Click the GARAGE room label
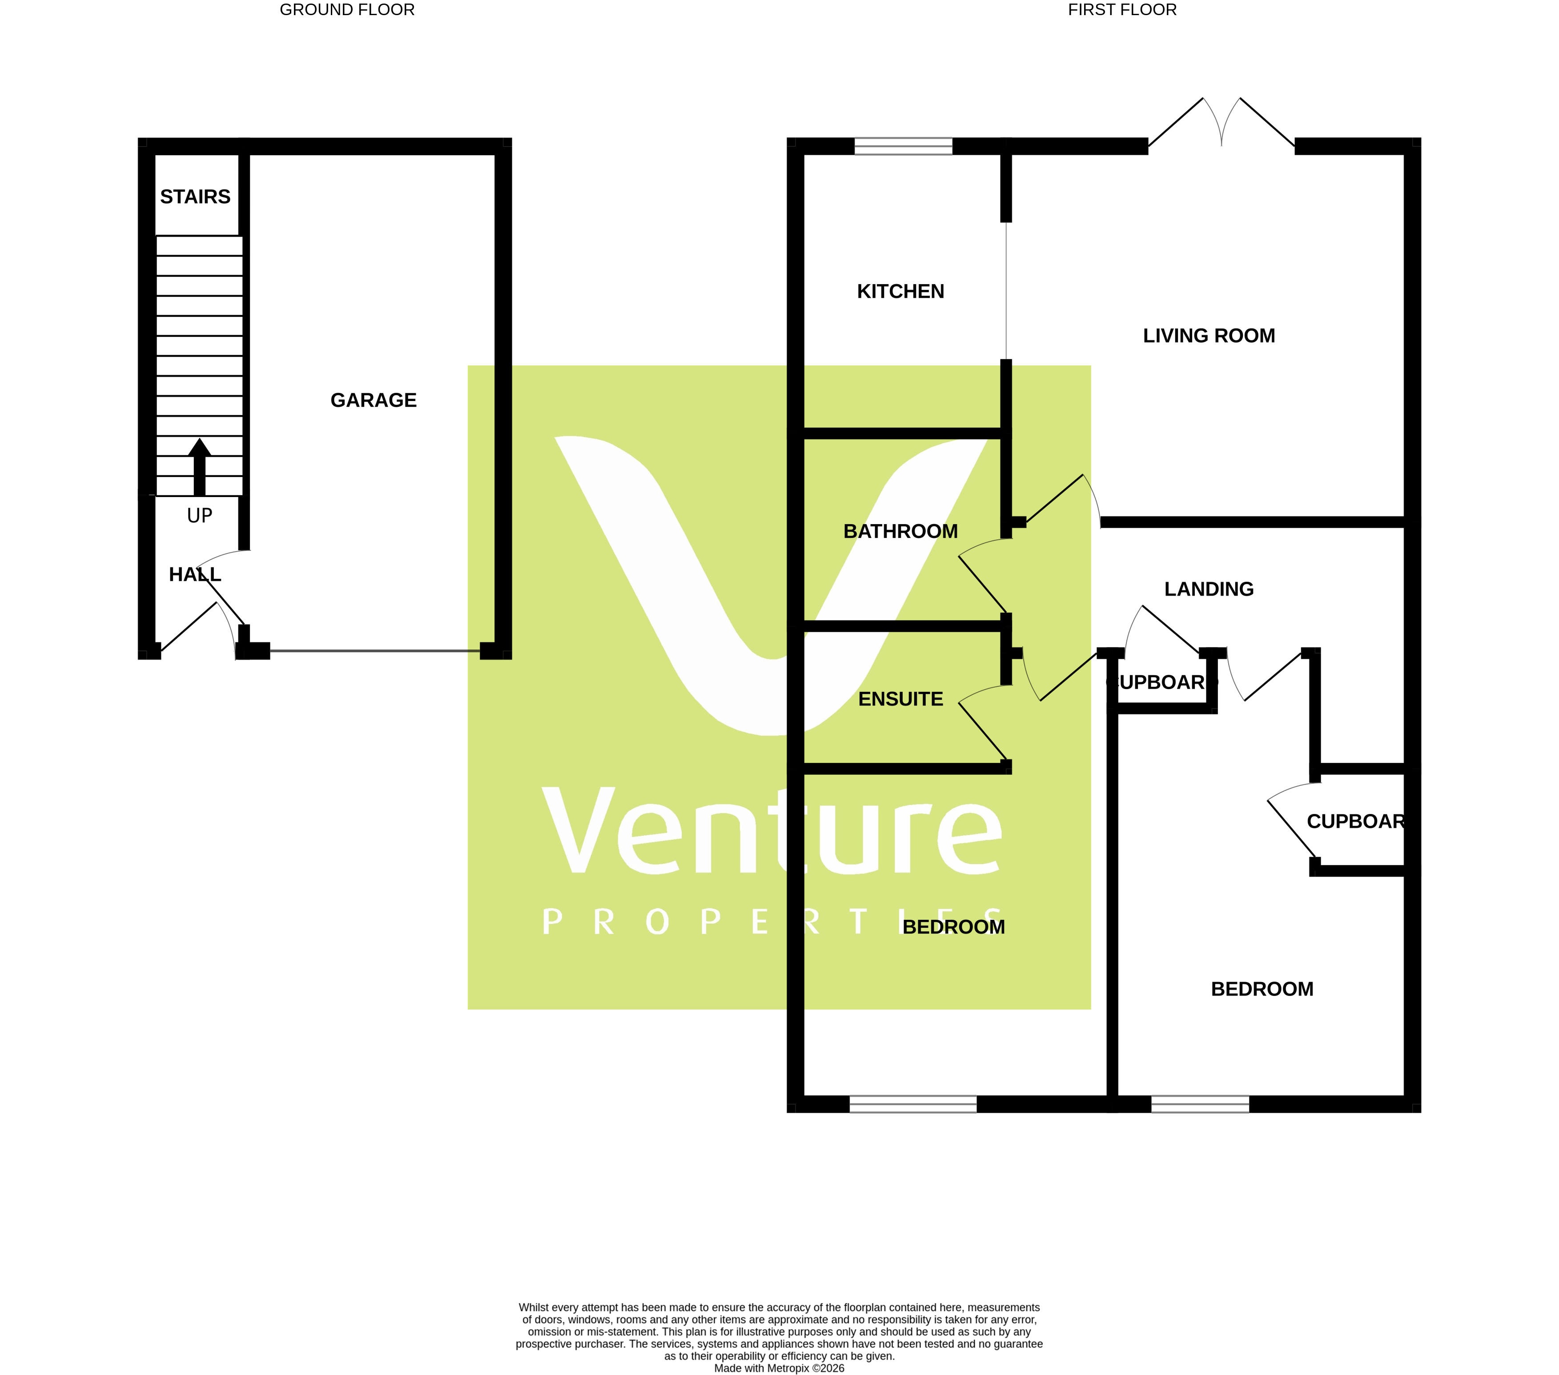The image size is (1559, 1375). coord(373,401)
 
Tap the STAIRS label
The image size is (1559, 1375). coord(195,197)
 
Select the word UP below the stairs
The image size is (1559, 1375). coord(199,516)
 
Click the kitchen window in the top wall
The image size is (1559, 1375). coord(903,146)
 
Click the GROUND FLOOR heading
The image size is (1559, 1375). coord(347,10)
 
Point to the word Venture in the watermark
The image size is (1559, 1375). coord(770,831)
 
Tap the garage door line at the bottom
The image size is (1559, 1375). coord(374,650)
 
